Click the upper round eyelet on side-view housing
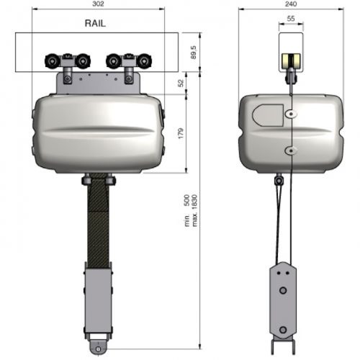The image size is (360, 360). pos(290,114)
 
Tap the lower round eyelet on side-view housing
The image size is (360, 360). pos(290,149)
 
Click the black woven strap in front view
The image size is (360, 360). pos(99,223)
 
